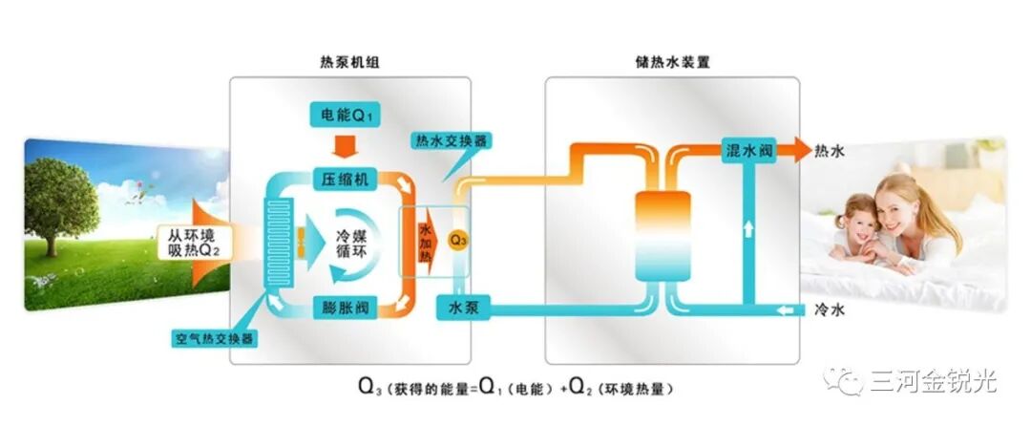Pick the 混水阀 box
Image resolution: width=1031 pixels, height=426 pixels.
click(748, 152)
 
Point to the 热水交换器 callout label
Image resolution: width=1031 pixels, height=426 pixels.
click(452, 140)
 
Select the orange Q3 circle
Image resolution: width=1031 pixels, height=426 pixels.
click(459, 237)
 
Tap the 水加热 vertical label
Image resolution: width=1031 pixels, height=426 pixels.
click(425, 244)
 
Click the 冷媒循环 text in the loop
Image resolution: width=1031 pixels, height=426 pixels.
click(347, 244)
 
